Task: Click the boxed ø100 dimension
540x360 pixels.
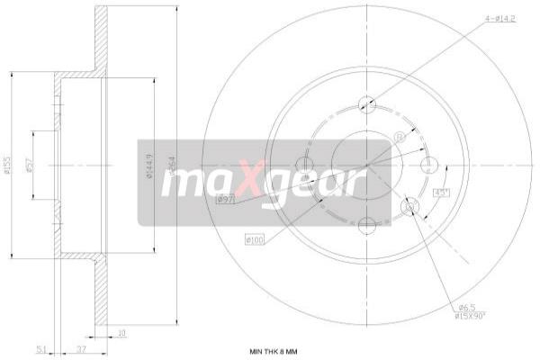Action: [x=255, y=239]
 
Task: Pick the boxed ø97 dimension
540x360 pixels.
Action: [x=225, y=199]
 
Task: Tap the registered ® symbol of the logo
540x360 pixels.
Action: [x=399, y=137]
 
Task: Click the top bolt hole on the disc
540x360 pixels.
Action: [x=366, y=103]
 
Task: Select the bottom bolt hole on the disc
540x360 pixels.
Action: [x=366, y=227]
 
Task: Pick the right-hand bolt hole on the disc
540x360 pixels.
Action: [x=429, y=166]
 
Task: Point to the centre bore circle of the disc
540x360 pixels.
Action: [x=366, y=166]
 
